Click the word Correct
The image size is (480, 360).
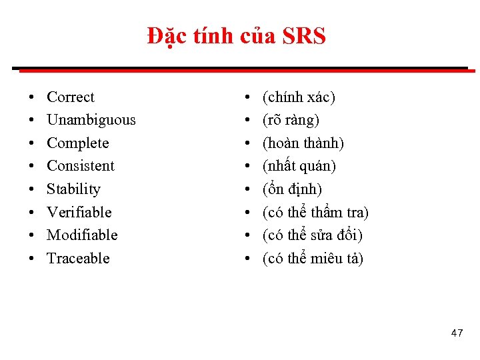click(71, 97)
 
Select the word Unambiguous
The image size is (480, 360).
click(91, 120)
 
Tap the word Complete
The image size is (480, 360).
click(78, 143)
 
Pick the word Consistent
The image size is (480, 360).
click(81, 166)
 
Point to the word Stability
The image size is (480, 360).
click(73, 189)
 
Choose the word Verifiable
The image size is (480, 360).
click(79, 212)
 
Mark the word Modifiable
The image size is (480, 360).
click(82, 235)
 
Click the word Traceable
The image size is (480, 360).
click(78, 259)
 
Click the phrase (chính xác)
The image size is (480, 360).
click(299, 97)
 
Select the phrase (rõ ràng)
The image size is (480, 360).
click(291, 120)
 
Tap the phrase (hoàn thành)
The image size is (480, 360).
click(303, 143)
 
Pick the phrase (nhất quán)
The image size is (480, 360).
click(299, 166)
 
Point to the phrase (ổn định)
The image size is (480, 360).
click(293, 189)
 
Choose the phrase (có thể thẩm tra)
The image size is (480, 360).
click(316, 212)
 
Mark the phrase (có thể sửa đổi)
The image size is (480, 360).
click(313, 235)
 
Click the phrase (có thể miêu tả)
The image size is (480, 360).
click(313, 259)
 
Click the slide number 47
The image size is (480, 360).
click(457, 333)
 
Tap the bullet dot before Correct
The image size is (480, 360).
click(33, 98)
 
